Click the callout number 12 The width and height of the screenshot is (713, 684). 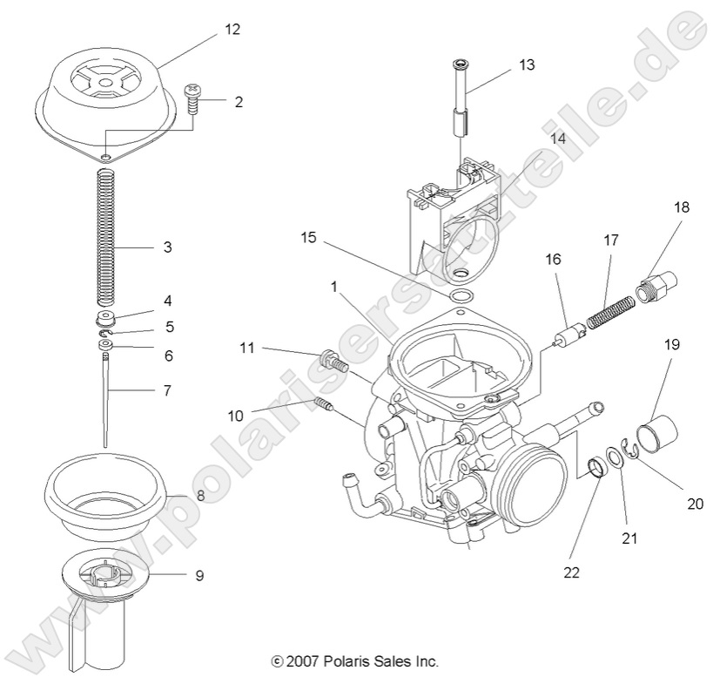tap(231, 29)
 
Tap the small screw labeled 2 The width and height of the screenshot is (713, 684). tap(192, 98)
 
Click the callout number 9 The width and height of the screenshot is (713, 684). tap(199, 575)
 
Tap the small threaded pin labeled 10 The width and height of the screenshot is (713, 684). tap(323, 403)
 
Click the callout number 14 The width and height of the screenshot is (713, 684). tap(556, 138)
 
